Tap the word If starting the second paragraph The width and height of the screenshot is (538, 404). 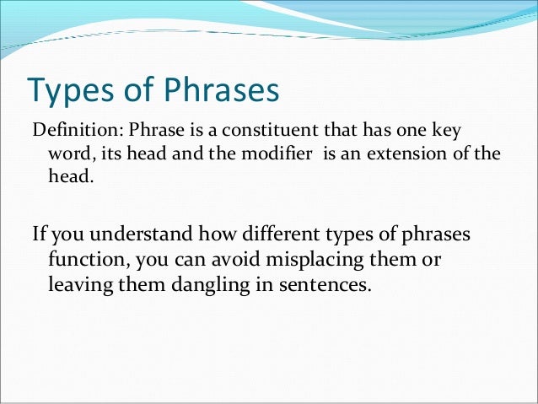(x=38, y=233)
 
